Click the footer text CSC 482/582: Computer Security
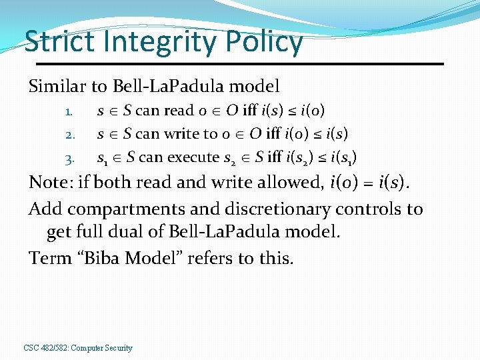[x=78, y=347]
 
